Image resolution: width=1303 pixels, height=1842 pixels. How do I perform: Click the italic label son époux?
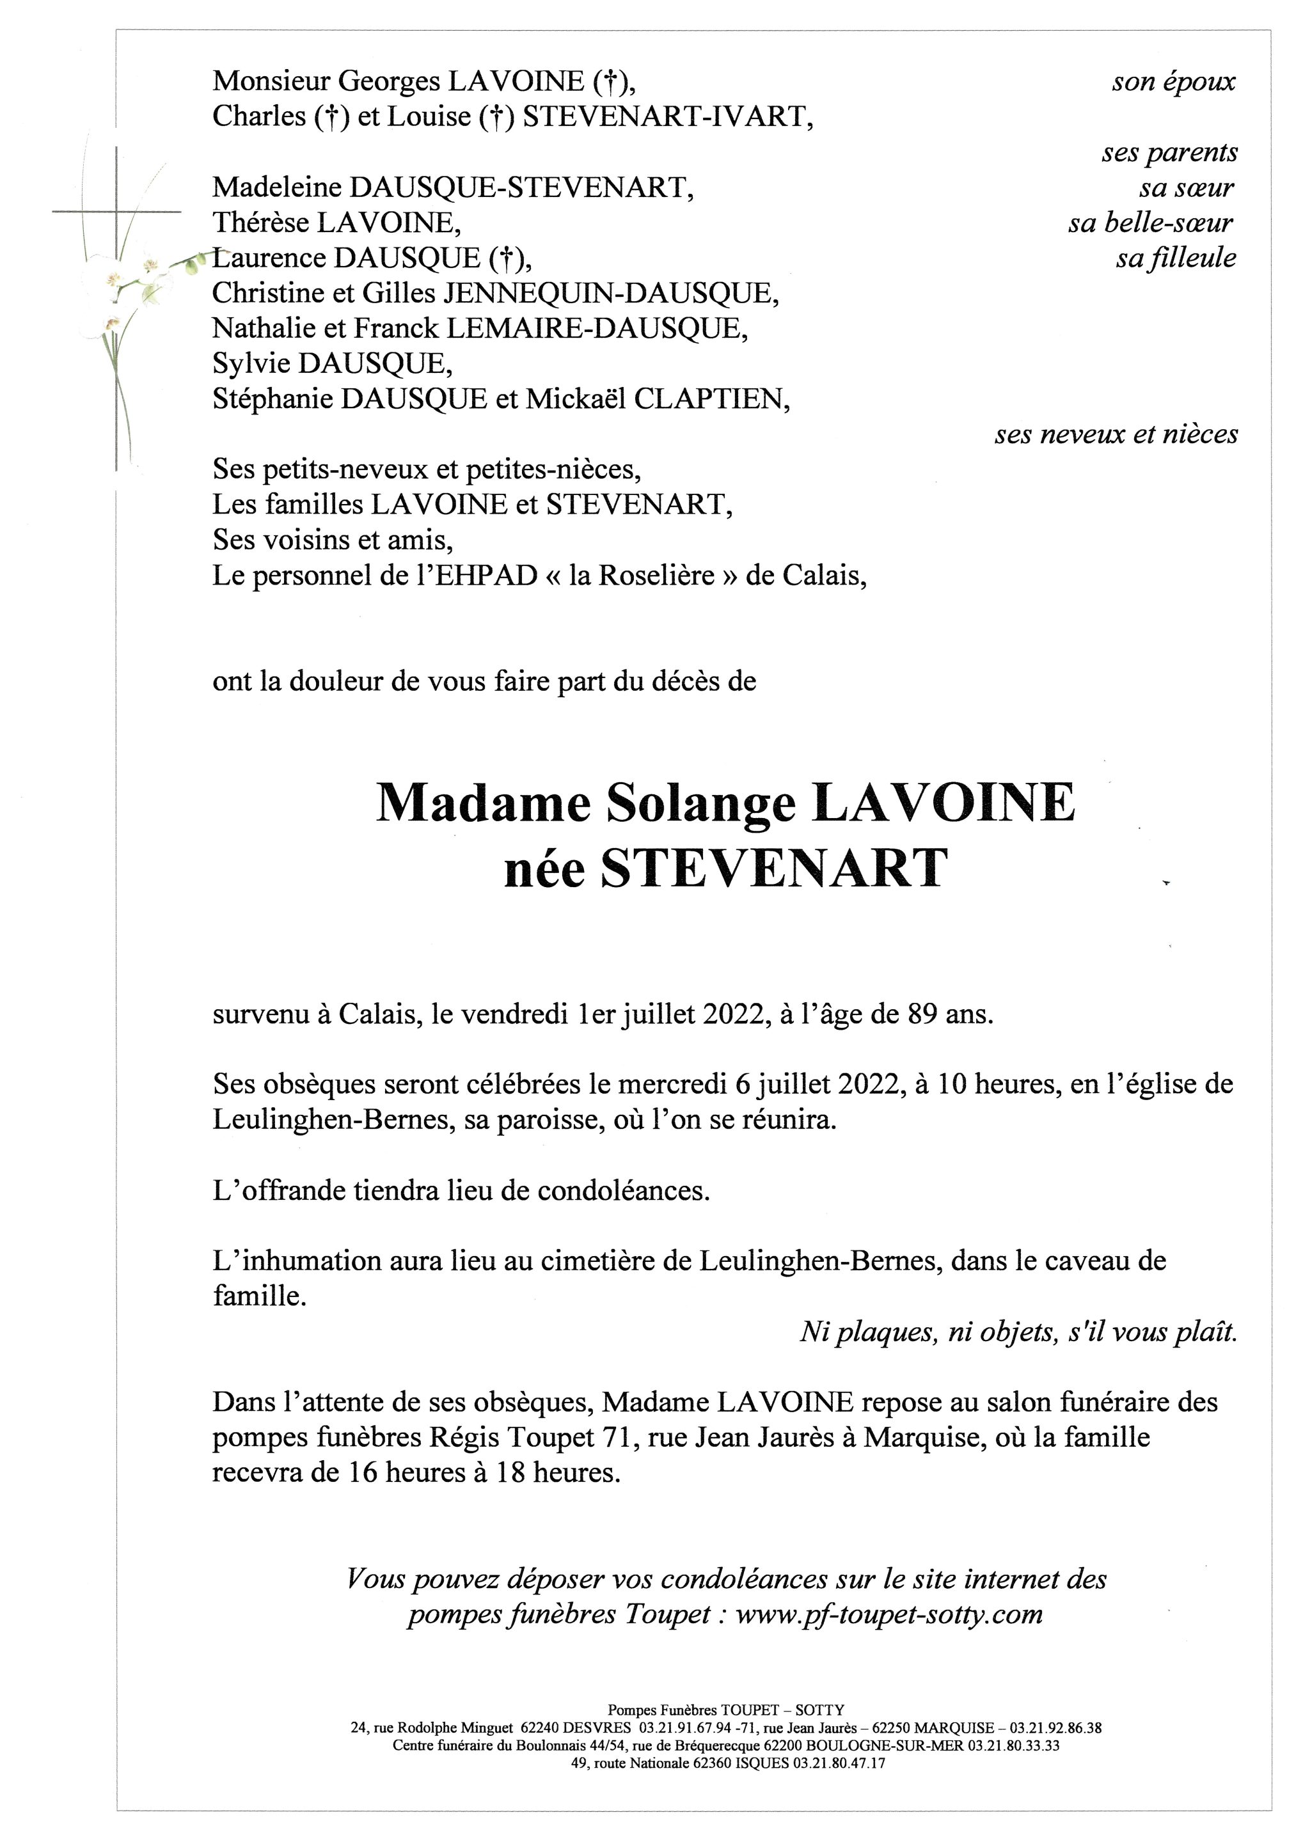click(1173, 82)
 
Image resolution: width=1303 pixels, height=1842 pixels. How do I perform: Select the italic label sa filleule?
click(1176, 258)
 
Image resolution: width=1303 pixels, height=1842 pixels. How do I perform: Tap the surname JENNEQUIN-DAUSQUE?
click(611, 294)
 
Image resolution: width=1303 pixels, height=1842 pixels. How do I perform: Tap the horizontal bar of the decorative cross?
click(116, 212)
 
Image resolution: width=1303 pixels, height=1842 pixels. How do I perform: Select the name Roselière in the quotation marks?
click(641, 576)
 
